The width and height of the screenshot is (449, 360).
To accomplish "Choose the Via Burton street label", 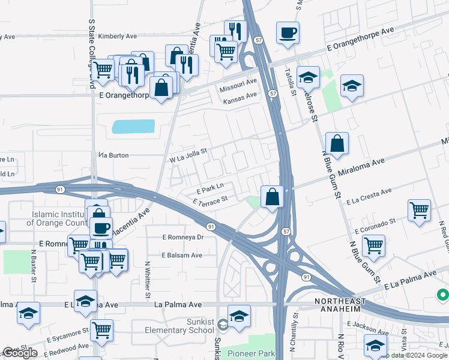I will [113, 155].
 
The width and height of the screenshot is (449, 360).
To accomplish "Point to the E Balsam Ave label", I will [182, 255].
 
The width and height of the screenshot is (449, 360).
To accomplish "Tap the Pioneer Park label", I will [251, 354].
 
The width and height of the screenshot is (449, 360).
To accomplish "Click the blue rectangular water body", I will [133, 127].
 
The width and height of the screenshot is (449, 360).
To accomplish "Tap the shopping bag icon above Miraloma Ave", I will [337, 143].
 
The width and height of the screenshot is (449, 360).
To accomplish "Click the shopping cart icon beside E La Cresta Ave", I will [419, 209].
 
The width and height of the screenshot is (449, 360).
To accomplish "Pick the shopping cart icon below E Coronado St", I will [373, 245].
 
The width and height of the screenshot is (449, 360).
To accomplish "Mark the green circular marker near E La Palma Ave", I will [442, 295].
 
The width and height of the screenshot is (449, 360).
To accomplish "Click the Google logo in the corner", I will [20, 353].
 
